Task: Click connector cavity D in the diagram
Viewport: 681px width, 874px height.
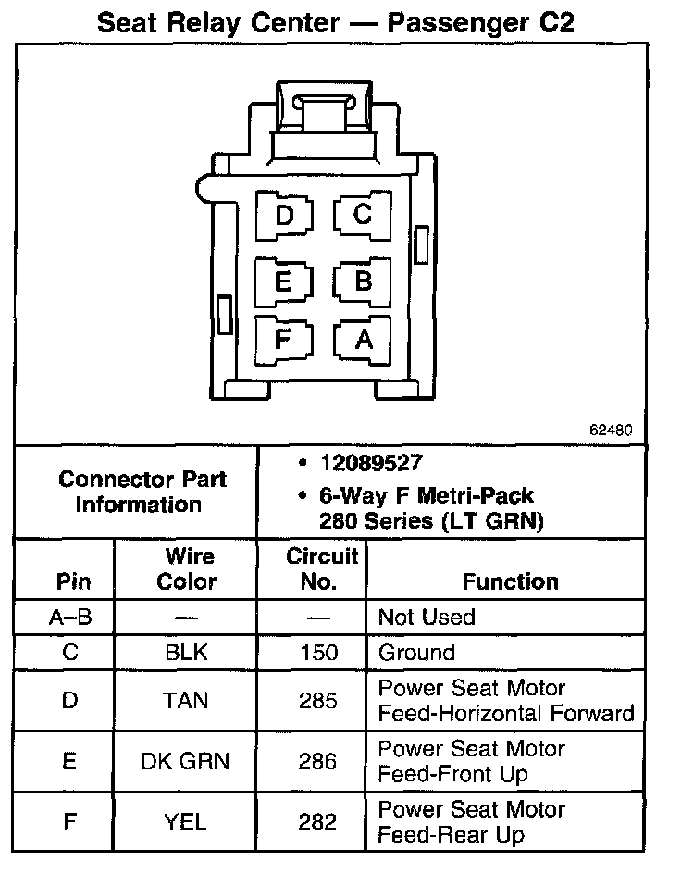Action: tap(284, 216)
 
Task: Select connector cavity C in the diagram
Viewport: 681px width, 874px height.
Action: tap(363, 215)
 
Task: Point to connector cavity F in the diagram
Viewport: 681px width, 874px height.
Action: tap(284, 339)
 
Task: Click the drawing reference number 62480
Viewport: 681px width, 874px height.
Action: tap(610, 431)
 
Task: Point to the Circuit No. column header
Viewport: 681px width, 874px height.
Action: tap(321, 568)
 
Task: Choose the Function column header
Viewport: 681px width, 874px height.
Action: tap(510, 581)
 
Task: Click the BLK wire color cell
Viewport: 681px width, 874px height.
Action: tap(186, 652)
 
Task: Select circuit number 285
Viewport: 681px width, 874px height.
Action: tap(318, 701)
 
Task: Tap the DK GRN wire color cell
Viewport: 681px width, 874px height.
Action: tap(185, 761)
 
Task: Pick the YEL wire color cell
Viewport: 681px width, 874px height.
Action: tap(186, 821)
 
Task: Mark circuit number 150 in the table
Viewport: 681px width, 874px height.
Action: tap(318, 652)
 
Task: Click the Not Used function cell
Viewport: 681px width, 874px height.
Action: tap(427, 617)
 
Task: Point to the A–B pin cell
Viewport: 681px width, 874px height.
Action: tap(70, 617)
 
